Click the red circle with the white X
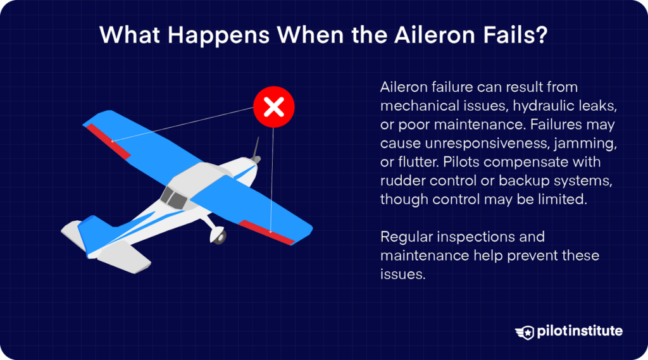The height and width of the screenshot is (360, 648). point(273,108)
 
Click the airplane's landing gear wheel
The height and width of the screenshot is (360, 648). point(219,236)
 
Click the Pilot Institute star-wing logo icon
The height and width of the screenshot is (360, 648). point(525,332)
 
